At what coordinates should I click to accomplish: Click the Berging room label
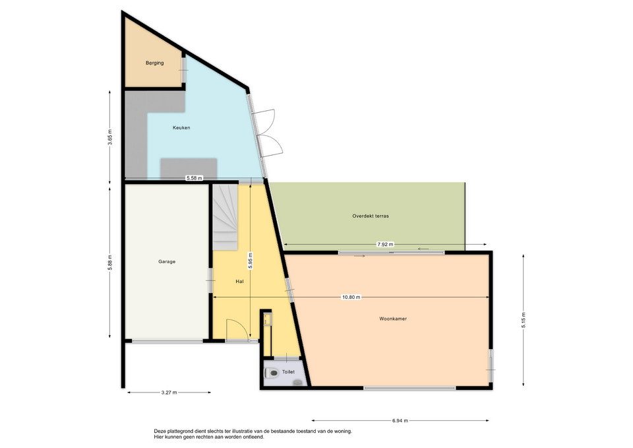click(x=154, y=63)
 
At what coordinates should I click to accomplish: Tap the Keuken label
click(x=181, y=127)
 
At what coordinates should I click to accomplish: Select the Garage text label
click(x=167, y=262)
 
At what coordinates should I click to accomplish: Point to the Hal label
click(x=239, y=282)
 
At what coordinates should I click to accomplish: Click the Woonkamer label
click(x=393, y=319)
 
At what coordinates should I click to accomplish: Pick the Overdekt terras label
click(x=370, y=216)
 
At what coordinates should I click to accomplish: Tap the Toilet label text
click(x=288, y=372)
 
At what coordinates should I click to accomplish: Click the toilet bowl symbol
click(x=272, y=373)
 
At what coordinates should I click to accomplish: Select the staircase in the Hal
click(x=226, y=217)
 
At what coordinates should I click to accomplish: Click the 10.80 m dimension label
click(x=351, y=298)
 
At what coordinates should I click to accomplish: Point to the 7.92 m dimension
click(x=385, y=244)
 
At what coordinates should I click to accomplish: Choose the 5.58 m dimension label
click(x=194, y=177)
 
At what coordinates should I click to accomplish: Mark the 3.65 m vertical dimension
click(x=110, y=137)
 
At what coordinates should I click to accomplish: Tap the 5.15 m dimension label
click(x=524, y=321)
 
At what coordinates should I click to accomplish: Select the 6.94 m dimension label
click(x=400, y=420)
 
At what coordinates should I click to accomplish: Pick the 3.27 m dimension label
click(x=169, y=393)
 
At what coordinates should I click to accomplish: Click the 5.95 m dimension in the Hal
click(x=251, y=261)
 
